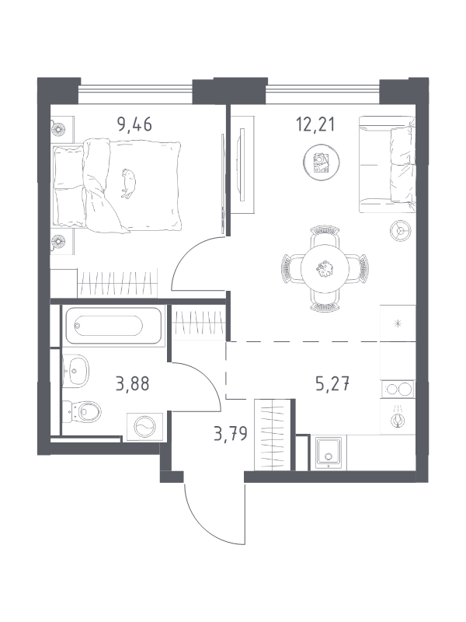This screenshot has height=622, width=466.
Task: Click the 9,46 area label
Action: tap(134, 124)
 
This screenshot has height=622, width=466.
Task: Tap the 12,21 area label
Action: tap(315, 124)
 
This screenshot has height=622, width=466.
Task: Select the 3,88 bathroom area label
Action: tap(132, 384)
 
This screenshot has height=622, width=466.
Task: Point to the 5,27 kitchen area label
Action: tap(332, 384)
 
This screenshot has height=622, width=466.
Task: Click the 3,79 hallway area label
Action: tap(231, 434)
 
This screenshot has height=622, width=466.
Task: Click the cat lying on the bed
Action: tap(128, 183)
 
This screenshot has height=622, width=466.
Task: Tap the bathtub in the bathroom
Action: tap(113, 326)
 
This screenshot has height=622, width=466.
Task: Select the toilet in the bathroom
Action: tap(82, 412)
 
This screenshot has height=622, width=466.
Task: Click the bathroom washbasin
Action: tap(75, 371)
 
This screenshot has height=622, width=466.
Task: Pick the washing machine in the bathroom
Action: tap(144, 427)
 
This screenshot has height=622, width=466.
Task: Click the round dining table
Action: tap(325, 269)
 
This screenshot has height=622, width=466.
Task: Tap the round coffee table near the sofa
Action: tap(322, 162)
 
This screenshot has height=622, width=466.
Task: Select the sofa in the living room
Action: tap(387, 164)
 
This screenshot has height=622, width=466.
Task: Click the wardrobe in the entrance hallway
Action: tap(273, 435)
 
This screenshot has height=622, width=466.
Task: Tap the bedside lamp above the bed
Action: tap(57, 128)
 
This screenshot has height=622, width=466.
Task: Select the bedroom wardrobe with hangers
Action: tap(117, 283)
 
